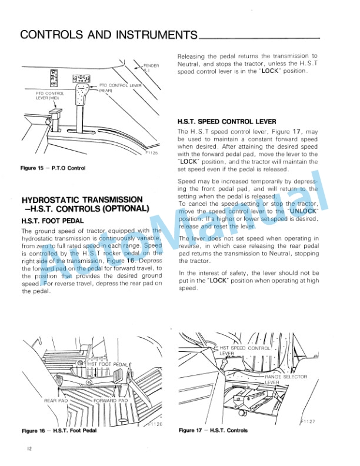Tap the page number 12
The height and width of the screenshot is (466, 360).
tap(28, 449)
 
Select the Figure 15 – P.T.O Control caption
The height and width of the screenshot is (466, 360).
tap(53, 168)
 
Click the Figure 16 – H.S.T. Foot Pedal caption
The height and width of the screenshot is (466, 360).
tap(59, 431)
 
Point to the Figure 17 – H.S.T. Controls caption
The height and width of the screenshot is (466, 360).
tap(213, 431)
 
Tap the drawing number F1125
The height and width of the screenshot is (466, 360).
tap(151, 152)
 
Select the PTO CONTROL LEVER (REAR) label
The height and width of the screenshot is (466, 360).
tap(121, 88)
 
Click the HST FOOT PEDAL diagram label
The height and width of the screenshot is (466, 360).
tap(108, 365)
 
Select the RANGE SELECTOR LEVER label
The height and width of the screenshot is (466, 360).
tap(285, 379)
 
